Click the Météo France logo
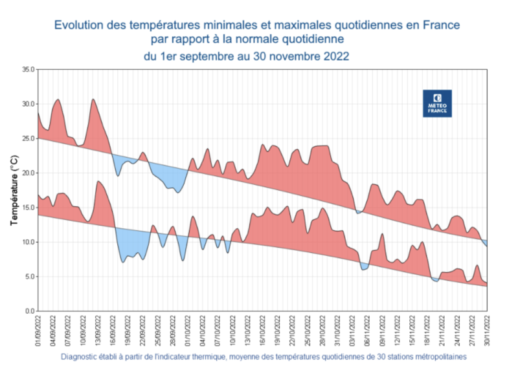(437, 103)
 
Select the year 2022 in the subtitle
(336, 56)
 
